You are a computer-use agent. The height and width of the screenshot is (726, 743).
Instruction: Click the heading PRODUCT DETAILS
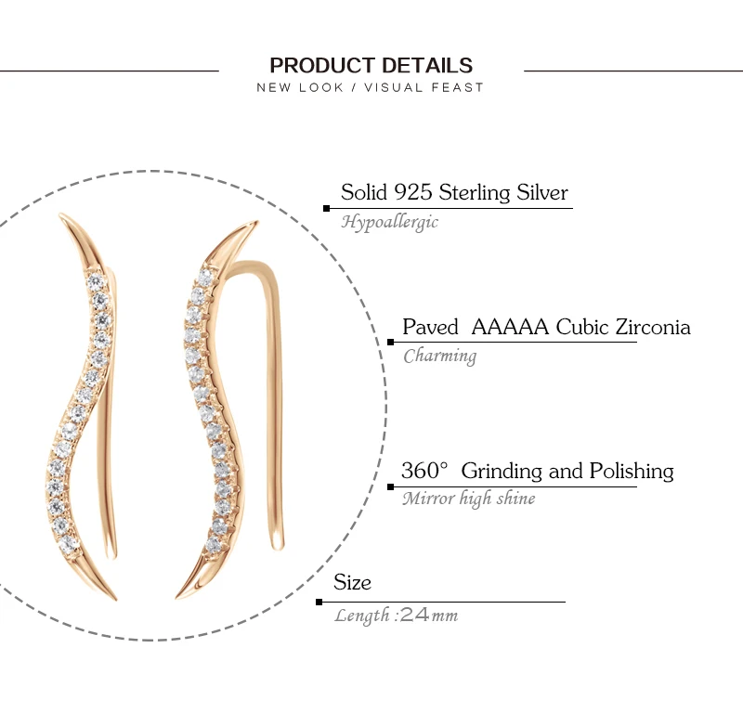(x=371, y=65)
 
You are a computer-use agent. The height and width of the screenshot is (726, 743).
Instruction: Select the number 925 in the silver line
(x=413, y=192)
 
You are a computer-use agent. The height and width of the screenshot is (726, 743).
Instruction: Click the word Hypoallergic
(x=389, y=222)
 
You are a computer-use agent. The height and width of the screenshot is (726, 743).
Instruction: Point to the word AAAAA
(x=510, y=327)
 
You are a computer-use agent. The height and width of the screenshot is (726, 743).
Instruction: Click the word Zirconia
(x=653, y=327)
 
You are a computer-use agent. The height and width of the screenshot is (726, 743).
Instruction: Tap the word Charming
(x=439, y=357)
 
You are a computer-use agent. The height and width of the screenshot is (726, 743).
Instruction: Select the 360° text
(x=424, y=471)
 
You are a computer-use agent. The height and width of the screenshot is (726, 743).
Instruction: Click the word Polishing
(x=632, y=472)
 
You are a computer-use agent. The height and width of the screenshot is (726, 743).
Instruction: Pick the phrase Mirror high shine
(x=469, y=499)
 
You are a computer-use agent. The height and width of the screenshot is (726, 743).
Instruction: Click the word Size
(x=352, y=582)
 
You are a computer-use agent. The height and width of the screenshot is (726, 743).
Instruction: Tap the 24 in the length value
(x=414, y=616)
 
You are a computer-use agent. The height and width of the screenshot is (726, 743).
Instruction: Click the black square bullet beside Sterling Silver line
(x=326, y=208)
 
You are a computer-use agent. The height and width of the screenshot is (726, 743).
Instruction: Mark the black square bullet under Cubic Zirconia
(x=390, y=342)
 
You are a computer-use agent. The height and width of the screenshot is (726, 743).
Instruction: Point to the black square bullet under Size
(x=319, y=602)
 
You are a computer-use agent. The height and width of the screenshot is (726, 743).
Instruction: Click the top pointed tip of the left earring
(x=60, y=214)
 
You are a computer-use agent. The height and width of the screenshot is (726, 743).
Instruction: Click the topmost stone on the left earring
(x=96, y=281)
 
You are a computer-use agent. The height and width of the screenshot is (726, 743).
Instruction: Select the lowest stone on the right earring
(x=214, y=545)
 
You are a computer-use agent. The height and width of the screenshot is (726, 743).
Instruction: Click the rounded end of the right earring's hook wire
(x=277, y=545)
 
